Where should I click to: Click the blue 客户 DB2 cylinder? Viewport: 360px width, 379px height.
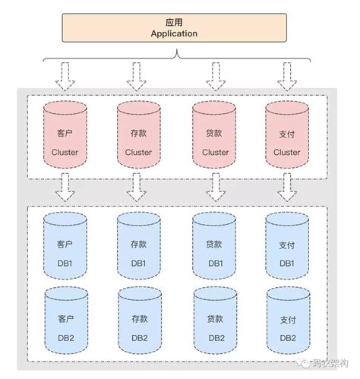point(65,327)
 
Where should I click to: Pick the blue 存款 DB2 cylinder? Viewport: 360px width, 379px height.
point(139,327)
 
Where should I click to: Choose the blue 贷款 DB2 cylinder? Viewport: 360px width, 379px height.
point(215,327)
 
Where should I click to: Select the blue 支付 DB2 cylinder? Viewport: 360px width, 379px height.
point(287,327)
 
